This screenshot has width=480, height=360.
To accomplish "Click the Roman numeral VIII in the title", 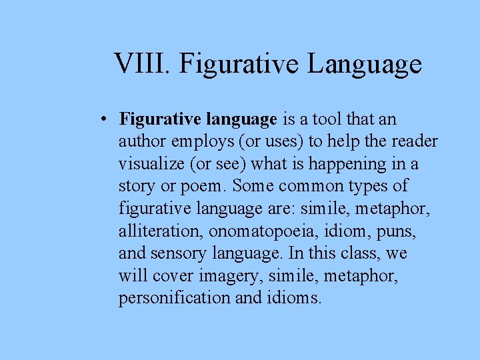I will click(141, 65).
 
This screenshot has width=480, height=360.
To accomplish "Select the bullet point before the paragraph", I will click(105, 120).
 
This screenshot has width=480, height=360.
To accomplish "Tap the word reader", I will click(414, 142).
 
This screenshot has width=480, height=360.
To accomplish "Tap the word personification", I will click(175, 298).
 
